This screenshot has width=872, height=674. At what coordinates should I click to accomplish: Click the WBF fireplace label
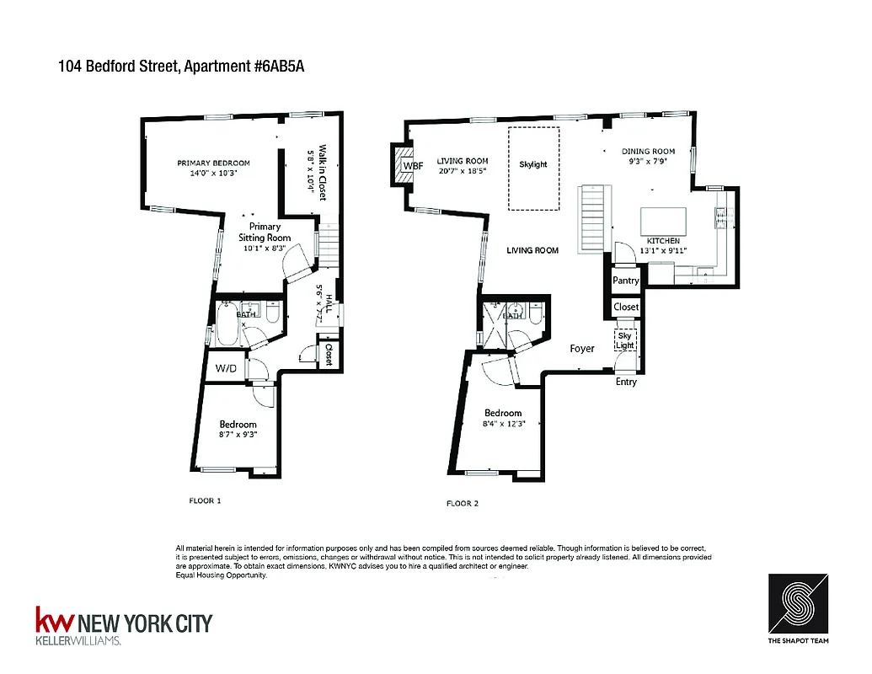pos(413,166)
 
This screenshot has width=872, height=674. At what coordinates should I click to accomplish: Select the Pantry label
pos(626,281)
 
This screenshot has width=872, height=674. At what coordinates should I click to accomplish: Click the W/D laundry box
pos(225,367)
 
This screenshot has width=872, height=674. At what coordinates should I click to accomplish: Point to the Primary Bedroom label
pos(213,163)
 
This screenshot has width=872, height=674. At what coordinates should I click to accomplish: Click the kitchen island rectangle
pos(663,221)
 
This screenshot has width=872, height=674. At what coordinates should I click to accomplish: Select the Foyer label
pos(582,348)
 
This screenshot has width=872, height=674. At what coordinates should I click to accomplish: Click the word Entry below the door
pos(626,382)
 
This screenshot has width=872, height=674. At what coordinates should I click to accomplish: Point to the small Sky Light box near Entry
pos(624,341)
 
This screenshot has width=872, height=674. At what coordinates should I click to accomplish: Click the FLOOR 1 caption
pos(205,501)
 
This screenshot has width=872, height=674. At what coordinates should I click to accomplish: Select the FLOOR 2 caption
pos(463,504)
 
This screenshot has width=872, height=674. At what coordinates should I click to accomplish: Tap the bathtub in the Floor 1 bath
pos(227,325)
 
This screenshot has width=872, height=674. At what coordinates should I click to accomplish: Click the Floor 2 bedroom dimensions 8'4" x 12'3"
pos(503,425)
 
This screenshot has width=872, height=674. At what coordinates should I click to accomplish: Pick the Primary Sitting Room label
pos(265,232)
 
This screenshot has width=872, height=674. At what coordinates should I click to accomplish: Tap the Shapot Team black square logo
pos(798,604)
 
